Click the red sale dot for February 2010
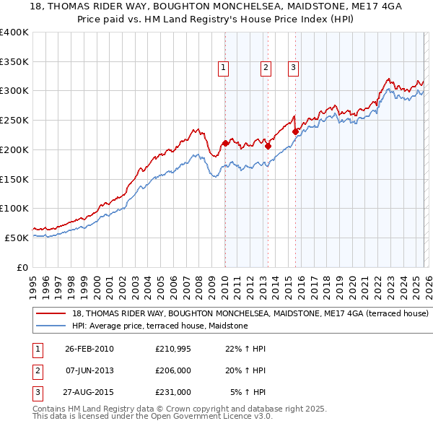pyautogui.click(x=225, y=143)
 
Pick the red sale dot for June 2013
pyautogui.click(x=268, y=146)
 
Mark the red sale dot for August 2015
pyautogui.click(x=295, y=131)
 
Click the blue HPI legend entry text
pyautogui.click(x=160, y=326)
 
